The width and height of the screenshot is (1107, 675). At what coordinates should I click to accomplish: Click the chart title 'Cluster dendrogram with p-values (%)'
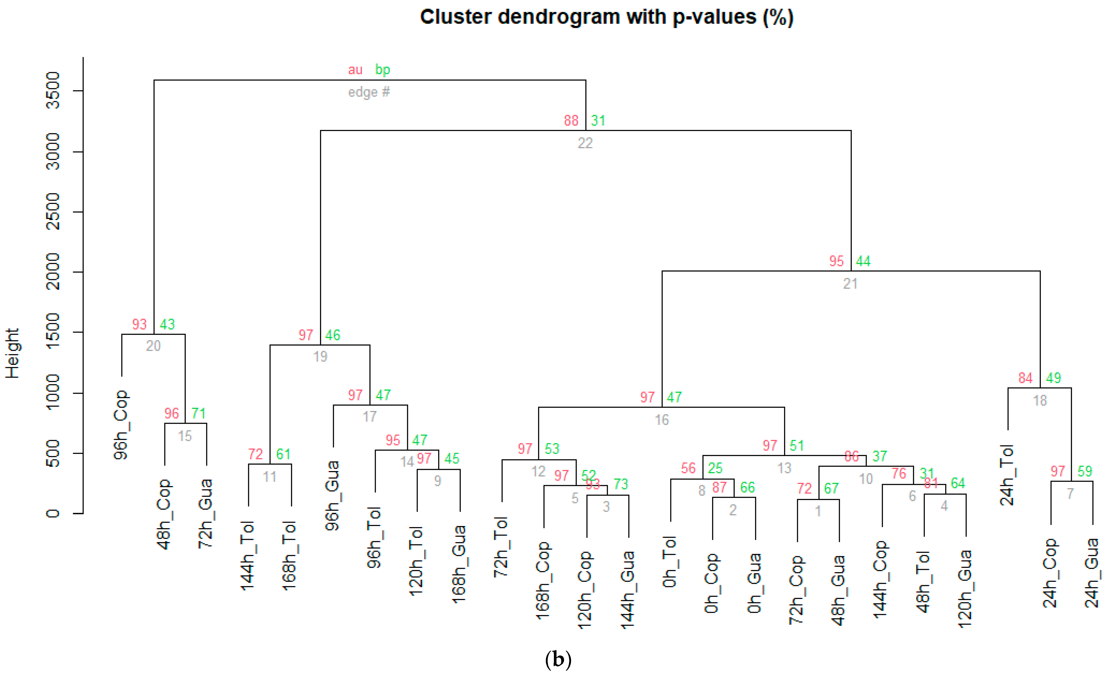[x=606, y=17]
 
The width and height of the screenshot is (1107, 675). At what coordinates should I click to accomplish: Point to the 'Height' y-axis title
[x=12, y=353]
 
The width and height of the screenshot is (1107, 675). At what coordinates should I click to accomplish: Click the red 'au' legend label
[x=355, y=70]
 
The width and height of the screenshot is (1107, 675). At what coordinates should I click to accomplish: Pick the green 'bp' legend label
[x=382, y=70]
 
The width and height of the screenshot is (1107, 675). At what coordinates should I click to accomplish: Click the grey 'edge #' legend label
[x=369, y=92]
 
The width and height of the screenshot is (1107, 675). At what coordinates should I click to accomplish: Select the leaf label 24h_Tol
[x=1007, y=475]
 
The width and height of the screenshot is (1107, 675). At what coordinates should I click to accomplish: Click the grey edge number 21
[x=850, y=284]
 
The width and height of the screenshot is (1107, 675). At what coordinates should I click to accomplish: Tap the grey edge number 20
[x=153, y=346]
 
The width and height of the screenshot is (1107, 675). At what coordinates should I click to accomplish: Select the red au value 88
[x=571, y=121]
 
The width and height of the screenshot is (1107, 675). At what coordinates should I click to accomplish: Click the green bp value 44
[x=863, y=261]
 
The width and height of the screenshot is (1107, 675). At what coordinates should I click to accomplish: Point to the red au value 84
[x=1025, y=378]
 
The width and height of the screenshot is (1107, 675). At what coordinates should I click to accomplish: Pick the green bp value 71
[x=199, y=413]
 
